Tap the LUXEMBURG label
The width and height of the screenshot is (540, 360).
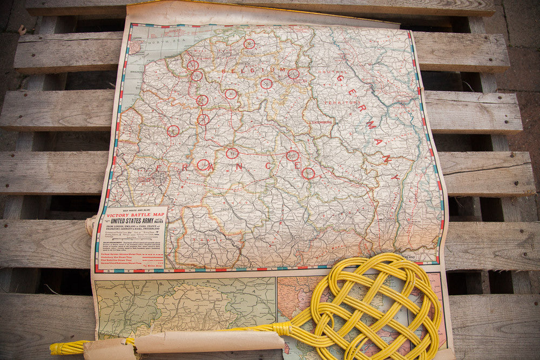[322, 123]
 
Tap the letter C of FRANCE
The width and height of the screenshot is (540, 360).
[268, 166]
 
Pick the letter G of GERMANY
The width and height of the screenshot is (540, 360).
[340, 78]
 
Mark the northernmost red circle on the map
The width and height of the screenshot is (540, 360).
[249, 44]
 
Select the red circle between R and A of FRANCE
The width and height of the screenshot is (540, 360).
[203, 165]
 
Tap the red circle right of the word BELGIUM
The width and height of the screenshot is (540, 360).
[293, 74]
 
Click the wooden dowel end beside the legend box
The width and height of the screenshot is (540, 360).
[90, 226]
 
